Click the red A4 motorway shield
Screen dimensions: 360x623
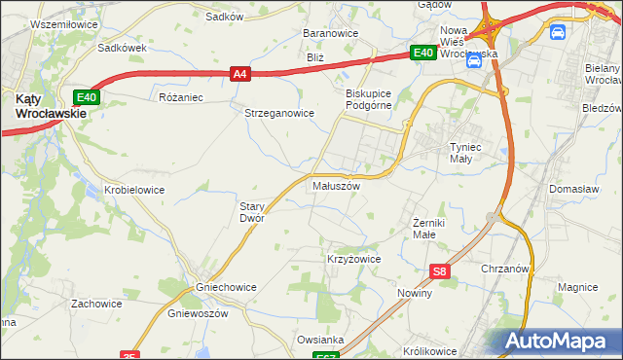click(x=240, y=72)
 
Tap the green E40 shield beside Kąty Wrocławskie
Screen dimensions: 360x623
click(x=87, y=96)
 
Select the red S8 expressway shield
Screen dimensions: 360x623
click(x=441, y=271)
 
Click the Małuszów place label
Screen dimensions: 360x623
click(x=336, y=185)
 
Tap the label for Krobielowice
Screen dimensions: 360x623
click(x=134, y=190)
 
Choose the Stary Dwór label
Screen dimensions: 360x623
click(x=252, y=212)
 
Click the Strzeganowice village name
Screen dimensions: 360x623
click(x=278, y=113)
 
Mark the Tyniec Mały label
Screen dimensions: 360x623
click(x=465, y=154)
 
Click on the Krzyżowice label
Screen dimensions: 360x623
click(x=352, y=260)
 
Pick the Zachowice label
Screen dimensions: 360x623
click(x=96, y=304)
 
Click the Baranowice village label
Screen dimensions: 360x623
click(x=331, y=33)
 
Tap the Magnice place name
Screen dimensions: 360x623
click(x=576, y=287)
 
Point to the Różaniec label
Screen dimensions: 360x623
click(x=179, y=97)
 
